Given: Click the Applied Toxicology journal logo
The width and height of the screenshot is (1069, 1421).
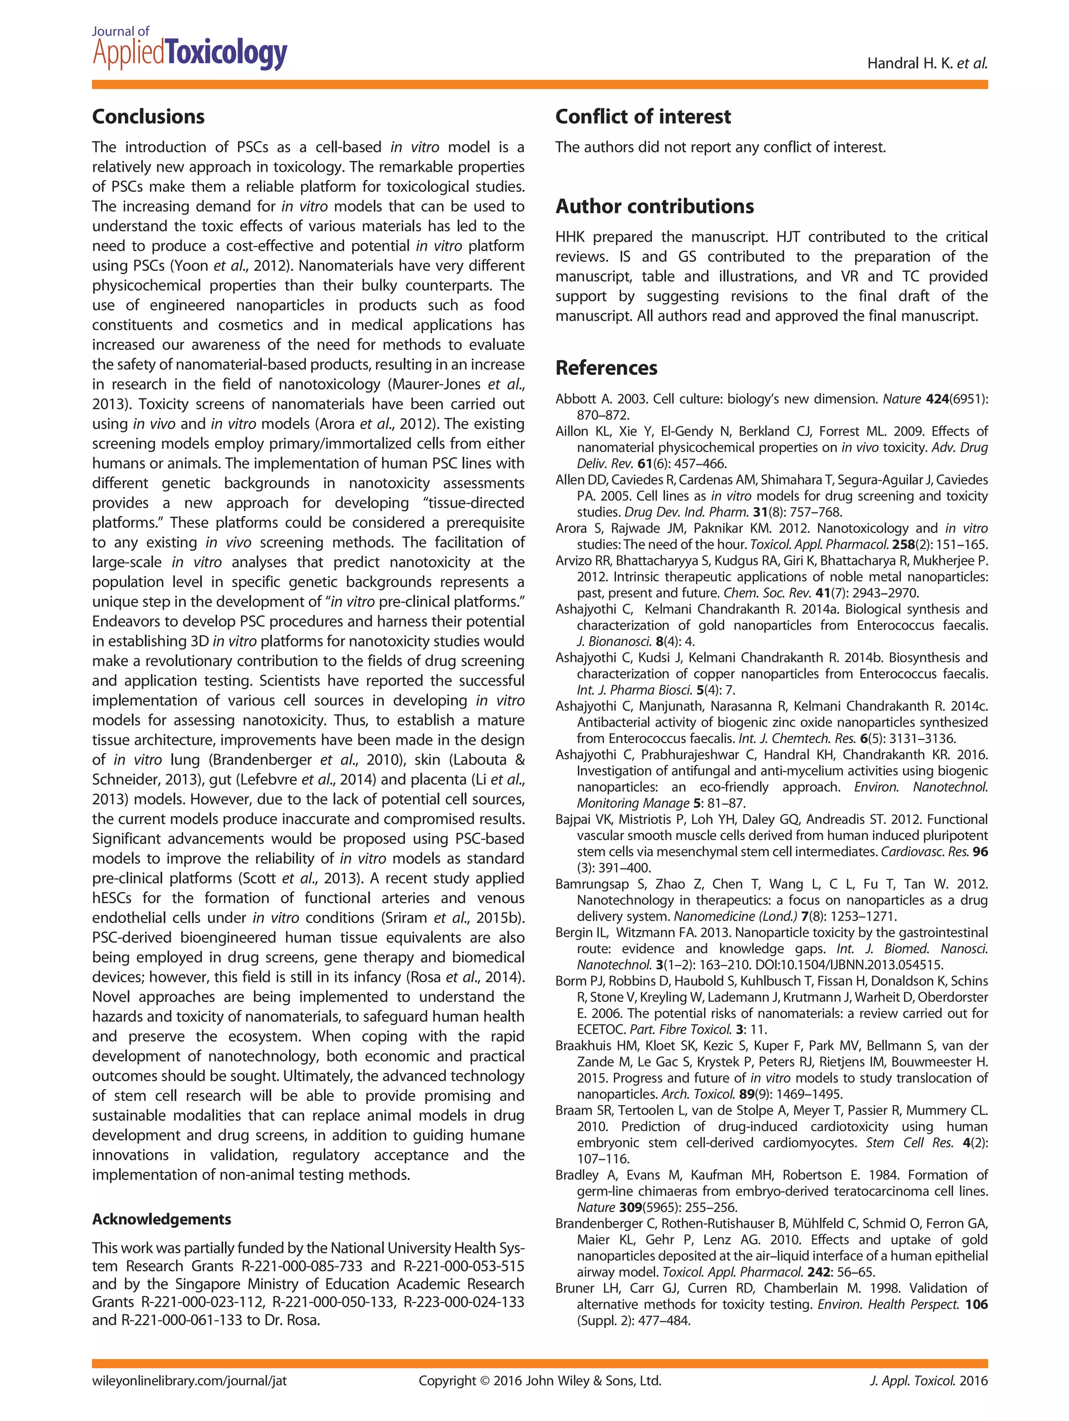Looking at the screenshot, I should pos(189,50).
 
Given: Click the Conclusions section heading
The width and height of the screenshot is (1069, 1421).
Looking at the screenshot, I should pos(148,116).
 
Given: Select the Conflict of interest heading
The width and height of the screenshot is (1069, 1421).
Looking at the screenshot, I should pos(643,116).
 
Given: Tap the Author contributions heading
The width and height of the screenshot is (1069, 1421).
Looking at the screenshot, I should pos(654,206).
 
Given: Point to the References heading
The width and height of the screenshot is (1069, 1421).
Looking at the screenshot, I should pos(606,368).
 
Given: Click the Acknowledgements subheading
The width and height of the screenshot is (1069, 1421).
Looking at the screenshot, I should pos(161,1219).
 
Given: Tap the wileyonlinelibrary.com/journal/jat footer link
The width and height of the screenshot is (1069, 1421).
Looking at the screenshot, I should pos(189,1381).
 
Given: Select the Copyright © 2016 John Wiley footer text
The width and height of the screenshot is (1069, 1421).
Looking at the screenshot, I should pos(539,1381).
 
